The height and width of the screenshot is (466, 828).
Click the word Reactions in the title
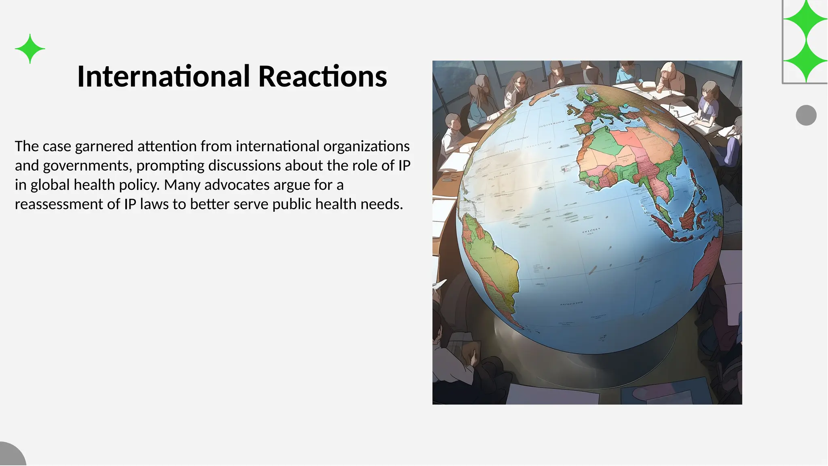[x=322, y=76]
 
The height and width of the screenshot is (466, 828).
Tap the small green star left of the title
[x=30, y=49]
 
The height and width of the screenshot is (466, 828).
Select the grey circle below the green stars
[x=806, y=115]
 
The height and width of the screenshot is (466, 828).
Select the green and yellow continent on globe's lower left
[x=489, y=263]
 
